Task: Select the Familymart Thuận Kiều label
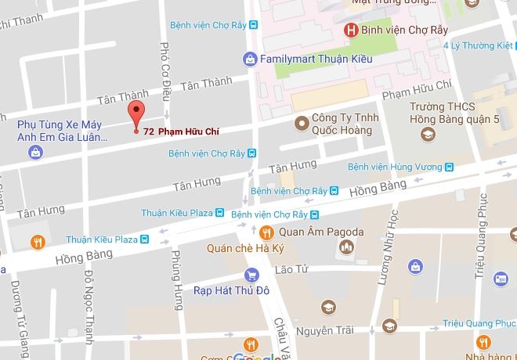[x=305, y=58]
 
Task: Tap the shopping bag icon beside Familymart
[x=249, y=58]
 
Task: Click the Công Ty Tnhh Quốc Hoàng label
[x=345, y=125]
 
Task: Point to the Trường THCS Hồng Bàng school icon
[x=427, y=134]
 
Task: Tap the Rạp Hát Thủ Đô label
[x=231, y=290]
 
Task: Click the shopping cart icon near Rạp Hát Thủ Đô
[x=251, y=275]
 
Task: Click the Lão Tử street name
[x=288, y=270]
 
